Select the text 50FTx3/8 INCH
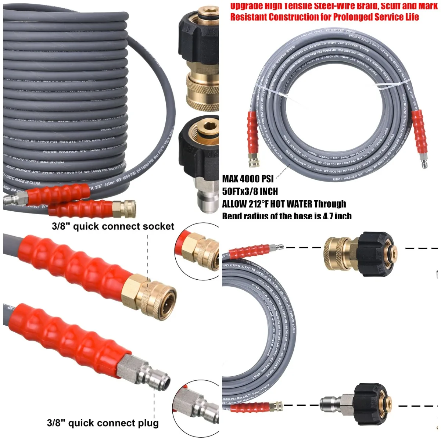250,191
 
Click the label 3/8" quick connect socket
113,226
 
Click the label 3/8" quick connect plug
103,423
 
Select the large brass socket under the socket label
154,293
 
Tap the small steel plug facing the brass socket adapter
275,248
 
